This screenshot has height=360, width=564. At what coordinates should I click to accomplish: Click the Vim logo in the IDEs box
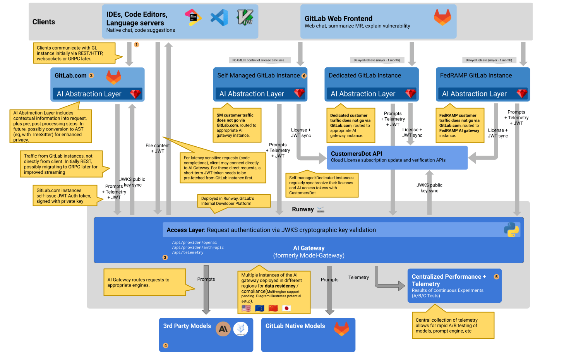pos(245,17)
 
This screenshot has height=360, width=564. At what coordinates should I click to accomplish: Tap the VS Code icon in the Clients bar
pos(219,18)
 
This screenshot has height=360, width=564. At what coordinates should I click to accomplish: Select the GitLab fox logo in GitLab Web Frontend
pos(442,17)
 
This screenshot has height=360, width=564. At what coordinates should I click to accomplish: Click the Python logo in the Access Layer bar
pos(511,230)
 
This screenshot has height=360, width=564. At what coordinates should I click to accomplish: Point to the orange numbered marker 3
pos(165,257)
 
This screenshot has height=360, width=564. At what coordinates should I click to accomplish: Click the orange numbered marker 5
pos(496,277)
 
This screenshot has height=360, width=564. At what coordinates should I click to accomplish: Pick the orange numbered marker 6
pos(304,76)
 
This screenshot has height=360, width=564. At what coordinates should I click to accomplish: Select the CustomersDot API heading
pos(357,154)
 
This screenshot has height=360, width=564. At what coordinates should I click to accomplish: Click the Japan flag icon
pos(286,308)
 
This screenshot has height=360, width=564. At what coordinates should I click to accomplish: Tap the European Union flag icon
pos(260,308)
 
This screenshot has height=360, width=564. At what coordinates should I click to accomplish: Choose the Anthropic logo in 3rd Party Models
pos(223,329)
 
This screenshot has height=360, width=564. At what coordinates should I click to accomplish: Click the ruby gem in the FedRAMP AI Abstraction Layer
pos(522,93)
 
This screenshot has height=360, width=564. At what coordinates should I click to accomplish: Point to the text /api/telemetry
pos(188,252)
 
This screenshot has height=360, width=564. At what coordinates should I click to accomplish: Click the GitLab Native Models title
pos(295,326)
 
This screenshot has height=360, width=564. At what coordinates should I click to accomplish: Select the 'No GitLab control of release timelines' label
pos(259,60)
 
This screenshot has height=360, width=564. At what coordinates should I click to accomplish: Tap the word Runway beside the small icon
pos(303,209)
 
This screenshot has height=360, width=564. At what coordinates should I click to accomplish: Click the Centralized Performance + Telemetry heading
pos(449,280)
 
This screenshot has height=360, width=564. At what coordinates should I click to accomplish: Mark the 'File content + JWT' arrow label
pos(158,148)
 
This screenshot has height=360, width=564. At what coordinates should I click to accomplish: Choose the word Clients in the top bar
pos(44,22)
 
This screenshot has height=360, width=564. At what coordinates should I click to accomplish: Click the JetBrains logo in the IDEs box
pos(193,17)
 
